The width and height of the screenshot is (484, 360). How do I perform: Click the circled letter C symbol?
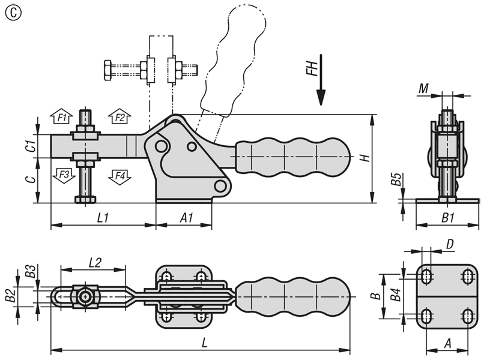pyautogui.click(x=14, y=13)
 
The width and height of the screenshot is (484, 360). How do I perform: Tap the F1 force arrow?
pyautogui.click(x=61, y=116)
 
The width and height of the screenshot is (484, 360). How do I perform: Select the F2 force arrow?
pyautogui.click(x=119, y=116)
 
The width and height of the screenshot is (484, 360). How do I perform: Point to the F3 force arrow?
pyautogui.click(x=64, y=176)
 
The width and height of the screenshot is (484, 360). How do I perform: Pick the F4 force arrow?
pyautogui.click(x=119, y=177)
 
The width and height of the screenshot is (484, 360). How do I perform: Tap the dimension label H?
pyautogui.click(x=365, y=158)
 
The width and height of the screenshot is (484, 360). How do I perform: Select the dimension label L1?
pyautogui.click(x=103, y=218)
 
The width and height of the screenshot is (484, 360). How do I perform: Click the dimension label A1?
pyautogui.click(x=186, y=218)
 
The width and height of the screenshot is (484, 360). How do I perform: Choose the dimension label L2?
pyautogui.click(x=95, y=263)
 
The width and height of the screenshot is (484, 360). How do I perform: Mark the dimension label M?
pyautogui.click(x=424, y=89)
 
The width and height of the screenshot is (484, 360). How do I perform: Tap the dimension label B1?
pyautogui.click(x=448, y=218)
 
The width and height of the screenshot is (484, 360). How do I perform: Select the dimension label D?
pyautogui.click(x=450, y=244)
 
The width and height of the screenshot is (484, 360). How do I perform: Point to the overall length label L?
pyautogui.click(x=204, y=343)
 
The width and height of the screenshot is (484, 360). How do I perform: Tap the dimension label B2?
pyautogui.click(x=11, y=296)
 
